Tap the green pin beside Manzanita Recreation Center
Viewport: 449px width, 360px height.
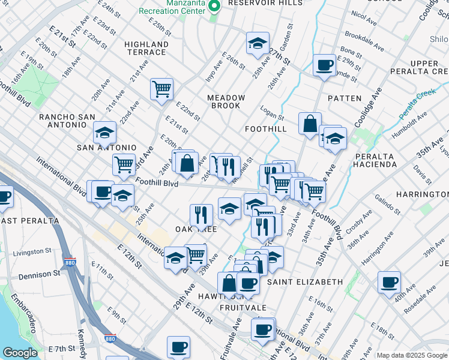[214, 6]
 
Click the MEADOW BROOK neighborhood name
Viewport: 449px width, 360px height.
[226, 101]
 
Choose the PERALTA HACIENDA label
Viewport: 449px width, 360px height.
[376, 160]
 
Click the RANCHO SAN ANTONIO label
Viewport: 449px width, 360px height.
[63, 121]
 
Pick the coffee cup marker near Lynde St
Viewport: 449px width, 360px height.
[325, 65]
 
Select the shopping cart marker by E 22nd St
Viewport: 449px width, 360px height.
[161, 89]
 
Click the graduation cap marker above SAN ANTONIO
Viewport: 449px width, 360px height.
[104, 133]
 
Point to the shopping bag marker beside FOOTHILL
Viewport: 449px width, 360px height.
[310, 124]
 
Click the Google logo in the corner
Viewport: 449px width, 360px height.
[20, 353]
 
